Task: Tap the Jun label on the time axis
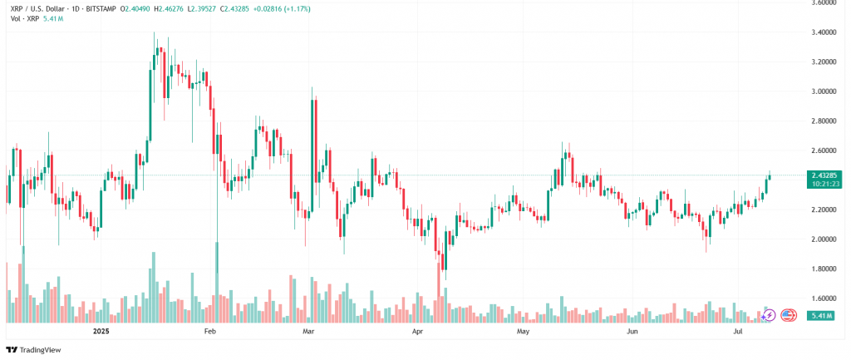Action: tap(632, 332)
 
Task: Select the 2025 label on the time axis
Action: tap(101, 332)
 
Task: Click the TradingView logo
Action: tap(34, 350)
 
